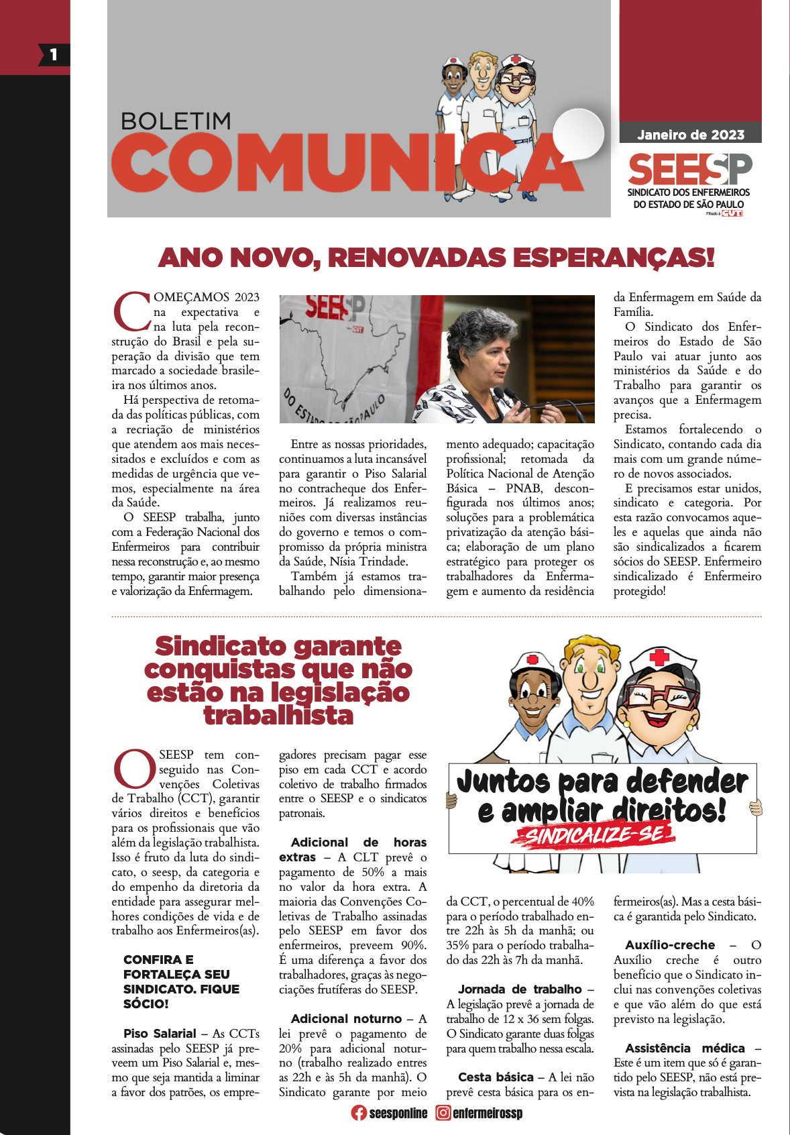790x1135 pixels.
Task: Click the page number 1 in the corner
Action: (54, 55)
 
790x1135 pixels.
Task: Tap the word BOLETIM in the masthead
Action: (176, 121)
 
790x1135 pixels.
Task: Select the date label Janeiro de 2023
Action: (690, 135)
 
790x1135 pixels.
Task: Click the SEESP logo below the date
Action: (689, 169)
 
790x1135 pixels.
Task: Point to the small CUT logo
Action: (732, 213)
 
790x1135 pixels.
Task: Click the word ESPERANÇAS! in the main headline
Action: (617, 258)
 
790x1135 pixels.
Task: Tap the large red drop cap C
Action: (131, 311)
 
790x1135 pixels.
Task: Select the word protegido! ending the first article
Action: (639, 591)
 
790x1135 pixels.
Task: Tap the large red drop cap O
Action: (134, 769)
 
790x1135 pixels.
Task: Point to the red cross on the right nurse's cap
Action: (659, 656)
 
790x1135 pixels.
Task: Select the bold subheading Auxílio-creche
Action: (670, 945)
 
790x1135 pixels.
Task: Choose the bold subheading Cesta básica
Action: (496, 1077)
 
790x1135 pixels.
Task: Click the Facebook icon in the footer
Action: (359, 1113)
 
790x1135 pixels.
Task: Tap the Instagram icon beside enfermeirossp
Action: (443, 1113)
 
